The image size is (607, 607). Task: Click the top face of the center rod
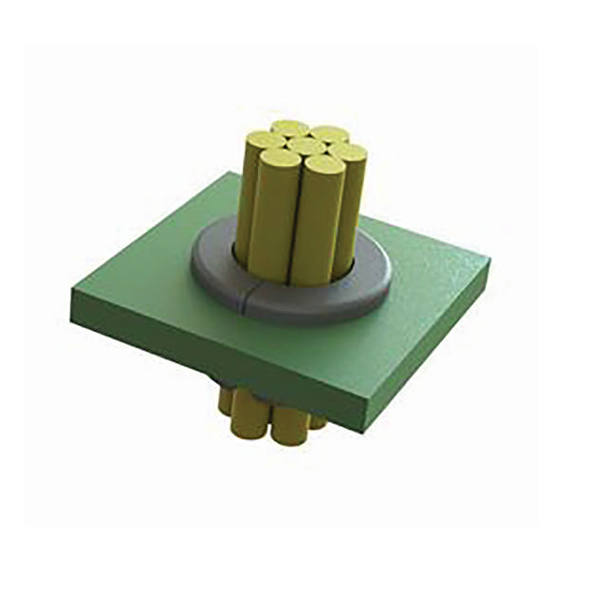point(303,146)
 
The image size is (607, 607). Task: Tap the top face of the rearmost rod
point(289,128)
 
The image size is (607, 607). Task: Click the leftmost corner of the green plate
point(72,296)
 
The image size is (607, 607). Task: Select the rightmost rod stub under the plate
point(318,418)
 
